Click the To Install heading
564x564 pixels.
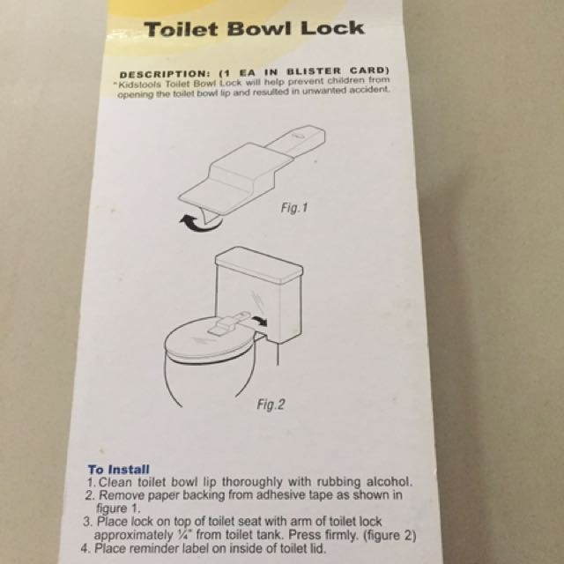[x=119, y=469]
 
